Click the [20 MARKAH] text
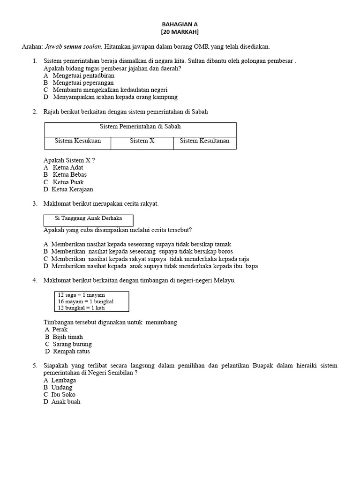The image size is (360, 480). pyautogui.click(x=180, y=31)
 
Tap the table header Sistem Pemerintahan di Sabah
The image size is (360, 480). pyautogui.click(x=140, y=127)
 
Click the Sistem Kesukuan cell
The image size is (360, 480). pyautogui.click(x=77, y=141)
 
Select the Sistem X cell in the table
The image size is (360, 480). pyautogui.click(x=142, y=141)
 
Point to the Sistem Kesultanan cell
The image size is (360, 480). pyautogui.click(x=204, y=141)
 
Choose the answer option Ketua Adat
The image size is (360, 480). pyautogui.click(x=68, y=167)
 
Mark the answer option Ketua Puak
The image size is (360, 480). pyautogui.click(x=68, y=182)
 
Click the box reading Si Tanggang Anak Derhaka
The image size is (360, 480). pyautogui.click(x=88, y=218)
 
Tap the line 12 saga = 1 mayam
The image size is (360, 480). pyautogui.click(x=81, y=295)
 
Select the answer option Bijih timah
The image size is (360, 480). pyautogui.click(x=67, y=337)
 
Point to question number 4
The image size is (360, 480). pyautogui.click(x=35, y=280)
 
